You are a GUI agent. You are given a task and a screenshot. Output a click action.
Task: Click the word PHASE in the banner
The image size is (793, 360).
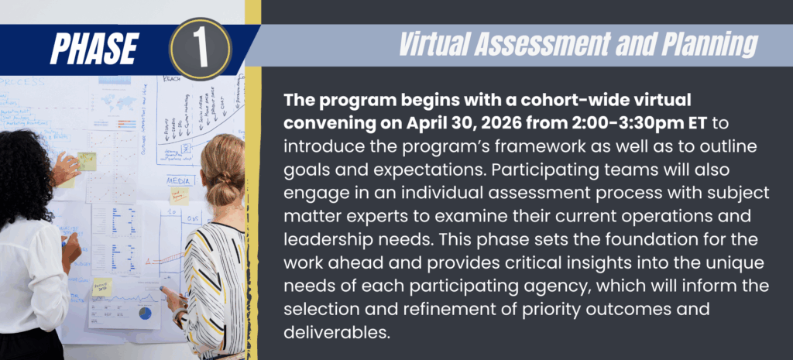[94, 48]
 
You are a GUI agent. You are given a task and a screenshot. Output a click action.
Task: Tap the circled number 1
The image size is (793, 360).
[201, 48]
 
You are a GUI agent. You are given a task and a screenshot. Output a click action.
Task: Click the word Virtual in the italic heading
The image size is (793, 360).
[441, 46]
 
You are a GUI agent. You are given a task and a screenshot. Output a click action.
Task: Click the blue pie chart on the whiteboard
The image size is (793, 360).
[145, 313]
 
